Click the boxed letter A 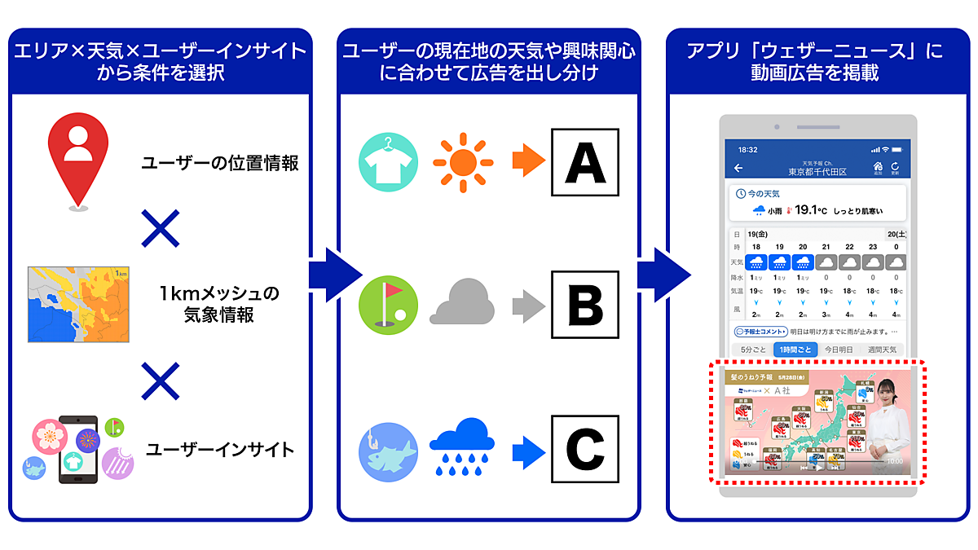tap(584, 162)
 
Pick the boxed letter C tap(584, 449)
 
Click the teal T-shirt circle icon tap(388, 162)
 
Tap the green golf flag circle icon tap(388, 306)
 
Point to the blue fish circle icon tap(388, 451)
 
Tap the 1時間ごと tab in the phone tap(795, 349)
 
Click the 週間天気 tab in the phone tap(882, 349)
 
